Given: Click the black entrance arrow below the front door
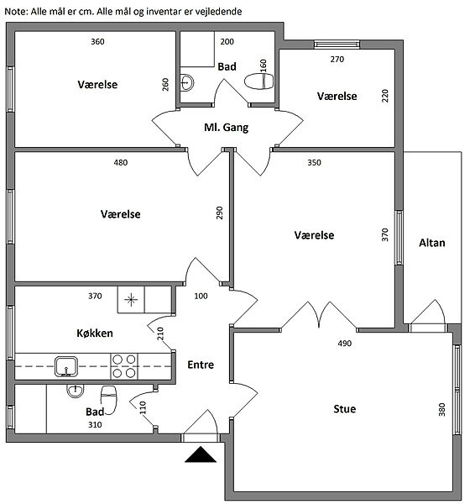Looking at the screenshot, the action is point(201,454).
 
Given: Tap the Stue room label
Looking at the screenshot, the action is point(345,409).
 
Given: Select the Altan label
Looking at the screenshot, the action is point(432,243).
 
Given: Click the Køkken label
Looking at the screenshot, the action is point(95,333).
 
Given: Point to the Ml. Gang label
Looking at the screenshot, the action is point(227,128).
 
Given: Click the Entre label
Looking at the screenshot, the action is point(201,365).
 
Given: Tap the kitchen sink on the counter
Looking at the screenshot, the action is point(66,366).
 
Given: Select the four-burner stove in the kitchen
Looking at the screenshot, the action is point(124,366).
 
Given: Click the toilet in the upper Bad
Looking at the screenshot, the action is point(258,81).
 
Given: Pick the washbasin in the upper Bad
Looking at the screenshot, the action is point(186,82).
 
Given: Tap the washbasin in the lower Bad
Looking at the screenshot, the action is point(76,391).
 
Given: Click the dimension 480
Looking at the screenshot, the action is point(121,163).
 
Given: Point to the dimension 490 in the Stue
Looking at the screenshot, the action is point(345,344).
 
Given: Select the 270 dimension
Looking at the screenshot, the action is point(337,60).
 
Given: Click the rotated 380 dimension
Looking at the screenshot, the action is point(442,410).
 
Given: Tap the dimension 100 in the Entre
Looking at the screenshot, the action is point(201,296).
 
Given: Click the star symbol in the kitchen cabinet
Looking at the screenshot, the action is point(131,300).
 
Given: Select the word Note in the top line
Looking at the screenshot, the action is point(16,12).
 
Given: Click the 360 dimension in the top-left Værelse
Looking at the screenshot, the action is point(97,42).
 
